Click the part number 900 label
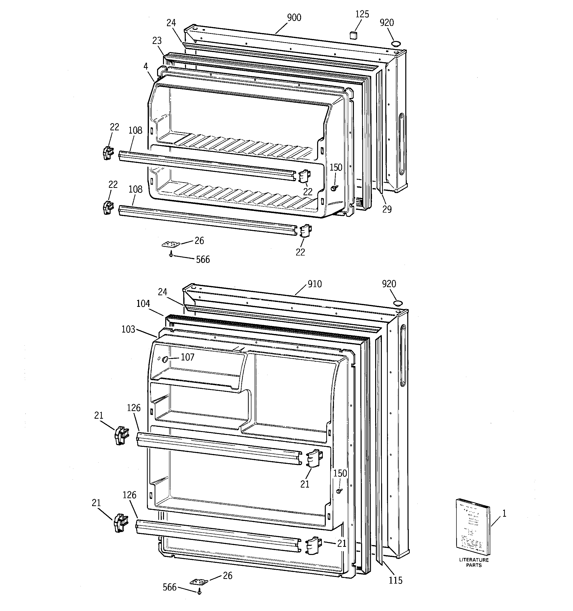[x=294, y=18]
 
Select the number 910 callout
[x=315, y=284]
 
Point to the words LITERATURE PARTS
[x=474, y=562]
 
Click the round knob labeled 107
[x=165, y=359]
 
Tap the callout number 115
[x=395, y=580]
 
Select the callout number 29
[x=387, y=209]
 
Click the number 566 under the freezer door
[x=203, y=259]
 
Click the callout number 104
[x=143, y=304]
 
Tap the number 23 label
[x=157, y=40]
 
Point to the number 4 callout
[x=145, y=66]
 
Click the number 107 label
[x=187, y=357]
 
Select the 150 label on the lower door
[x=340, y=473]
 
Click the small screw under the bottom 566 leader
[x=199, y=591]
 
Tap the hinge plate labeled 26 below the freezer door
[x=170, y=244]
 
